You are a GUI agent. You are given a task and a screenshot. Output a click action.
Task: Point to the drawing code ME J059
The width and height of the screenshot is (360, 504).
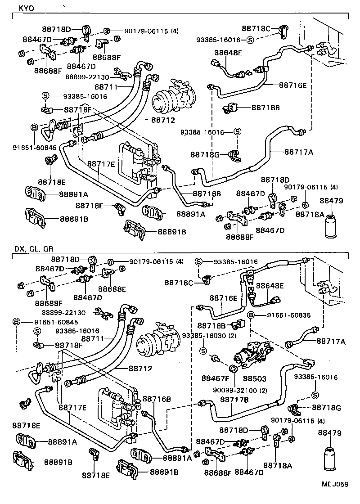tap(334, 497)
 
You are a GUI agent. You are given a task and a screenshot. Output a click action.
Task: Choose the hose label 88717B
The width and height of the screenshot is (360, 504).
tap(232, 399)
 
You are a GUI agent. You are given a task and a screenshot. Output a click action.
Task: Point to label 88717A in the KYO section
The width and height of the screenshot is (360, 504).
tap(299, 152)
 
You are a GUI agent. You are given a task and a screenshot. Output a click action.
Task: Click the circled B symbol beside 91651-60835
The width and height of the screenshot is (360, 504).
tap(251, 315)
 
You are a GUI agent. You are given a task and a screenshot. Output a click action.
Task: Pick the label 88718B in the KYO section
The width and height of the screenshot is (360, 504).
tap(265, 108)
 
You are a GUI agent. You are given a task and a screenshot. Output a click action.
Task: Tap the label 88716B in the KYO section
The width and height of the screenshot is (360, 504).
tap(207, 193)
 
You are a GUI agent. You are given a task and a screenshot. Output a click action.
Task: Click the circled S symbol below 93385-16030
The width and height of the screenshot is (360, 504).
tap(203, 351)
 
